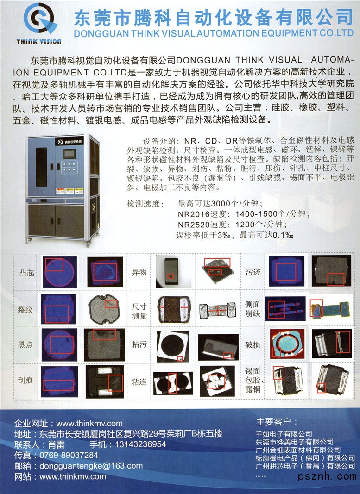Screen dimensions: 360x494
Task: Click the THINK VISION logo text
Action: click(39, 42)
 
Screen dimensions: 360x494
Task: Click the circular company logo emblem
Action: click(40, 19)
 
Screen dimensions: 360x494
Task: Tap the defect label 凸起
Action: click(27, 273)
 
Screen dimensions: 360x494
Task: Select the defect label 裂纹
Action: click(25, 310)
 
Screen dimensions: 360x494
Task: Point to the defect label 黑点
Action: click(25, 344)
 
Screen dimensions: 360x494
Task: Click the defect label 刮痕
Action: click(25, 380)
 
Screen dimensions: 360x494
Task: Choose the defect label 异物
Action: click(139, 272)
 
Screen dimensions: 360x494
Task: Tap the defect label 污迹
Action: click(253, 272)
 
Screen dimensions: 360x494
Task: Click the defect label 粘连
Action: click(139, 382)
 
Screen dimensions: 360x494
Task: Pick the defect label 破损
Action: click(253, 344)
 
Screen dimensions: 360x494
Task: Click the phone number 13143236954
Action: click(140, 444)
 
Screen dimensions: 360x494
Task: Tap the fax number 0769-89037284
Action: click(69, 455)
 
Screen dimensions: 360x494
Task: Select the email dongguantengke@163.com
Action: click(91, 466)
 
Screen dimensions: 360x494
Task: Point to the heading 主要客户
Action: click(273, 421)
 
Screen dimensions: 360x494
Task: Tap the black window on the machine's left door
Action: click(41, 167)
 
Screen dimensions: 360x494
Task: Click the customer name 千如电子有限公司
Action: click(284, 434)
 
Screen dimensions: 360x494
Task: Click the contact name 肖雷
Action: click(57, 444)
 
